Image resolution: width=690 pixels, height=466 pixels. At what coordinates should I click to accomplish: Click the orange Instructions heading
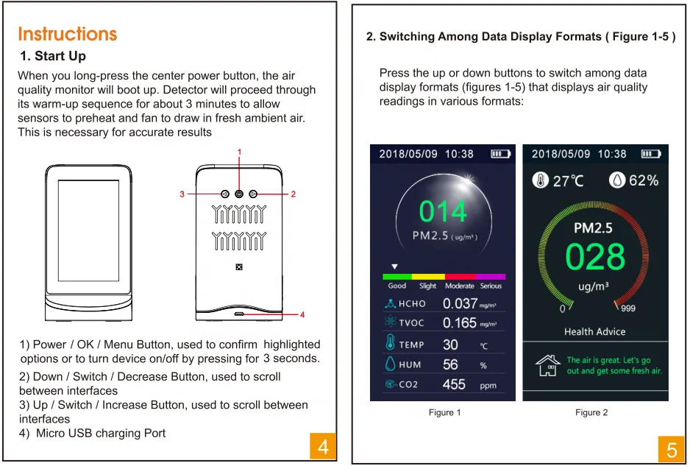point(68,34)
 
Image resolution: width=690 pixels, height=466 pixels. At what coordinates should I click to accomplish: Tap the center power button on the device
point(239,194)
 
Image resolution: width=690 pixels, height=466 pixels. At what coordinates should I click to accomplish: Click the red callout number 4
point(302,314)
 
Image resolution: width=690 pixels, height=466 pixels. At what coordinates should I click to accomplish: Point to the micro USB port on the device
point(239,314)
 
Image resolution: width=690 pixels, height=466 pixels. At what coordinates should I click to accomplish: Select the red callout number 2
point(293,194)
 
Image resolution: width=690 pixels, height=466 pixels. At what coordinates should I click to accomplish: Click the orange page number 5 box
point(672,449)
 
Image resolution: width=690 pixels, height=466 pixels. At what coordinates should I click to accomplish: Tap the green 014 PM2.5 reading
point(443,211)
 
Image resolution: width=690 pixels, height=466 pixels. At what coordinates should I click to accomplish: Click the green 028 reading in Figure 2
point(595,257)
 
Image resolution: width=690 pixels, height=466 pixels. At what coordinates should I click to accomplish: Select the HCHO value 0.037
point(460,303)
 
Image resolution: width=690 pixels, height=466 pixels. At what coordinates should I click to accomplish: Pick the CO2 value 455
point(454,384)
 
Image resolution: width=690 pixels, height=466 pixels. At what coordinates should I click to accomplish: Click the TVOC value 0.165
point(460,323)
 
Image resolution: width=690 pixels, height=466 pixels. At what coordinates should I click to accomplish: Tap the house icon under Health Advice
point(548,365)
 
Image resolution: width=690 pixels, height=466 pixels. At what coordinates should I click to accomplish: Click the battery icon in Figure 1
point(501,154)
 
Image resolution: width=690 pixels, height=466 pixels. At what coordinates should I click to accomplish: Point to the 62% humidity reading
point(644,180)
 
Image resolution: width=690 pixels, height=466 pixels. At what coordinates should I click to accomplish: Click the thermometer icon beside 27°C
point(541,180)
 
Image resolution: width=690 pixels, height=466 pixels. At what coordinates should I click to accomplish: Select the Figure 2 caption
point(591,412)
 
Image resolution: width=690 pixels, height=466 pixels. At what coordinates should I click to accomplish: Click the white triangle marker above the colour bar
point(395,266)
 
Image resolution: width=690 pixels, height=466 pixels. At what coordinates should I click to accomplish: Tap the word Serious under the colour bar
point(491,286)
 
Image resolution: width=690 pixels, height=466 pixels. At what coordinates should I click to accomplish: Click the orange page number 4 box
point(323,447)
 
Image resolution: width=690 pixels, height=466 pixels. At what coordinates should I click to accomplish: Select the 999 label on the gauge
point(628,308)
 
